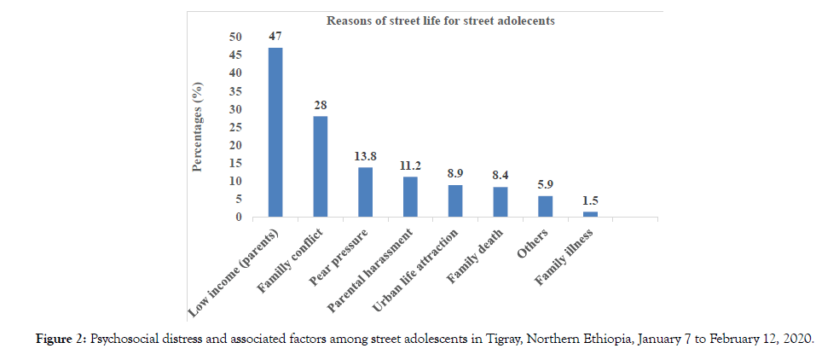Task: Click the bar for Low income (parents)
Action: pyautogui.click(x=275, y=132)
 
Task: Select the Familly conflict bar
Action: pyautogui.click(x=320, y=166)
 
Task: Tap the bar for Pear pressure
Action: pyautogui.click(x=365, y=192)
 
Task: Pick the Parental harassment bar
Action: pyautogui.click(x=410, y=197)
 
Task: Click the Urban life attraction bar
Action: pyautogui.click(x=455, y=201)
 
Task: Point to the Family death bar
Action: pyautogui.click(x=501, y=202)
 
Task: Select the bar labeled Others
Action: pyautogui.click(x=545, y=206)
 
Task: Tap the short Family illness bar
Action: pyautogui.click(x=590, y=214)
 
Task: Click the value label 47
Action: pyautogui.click(x=275, y=37)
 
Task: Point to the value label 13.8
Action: pyautogui.click(x=365, y=156)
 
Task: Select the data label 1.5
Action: pyautogui.click(x=590, y=200)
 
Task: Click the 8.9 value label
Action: pyautogui.click(x=455, y=173)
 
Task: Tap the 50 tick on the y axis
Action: pyautogui.click(x=234, y=37)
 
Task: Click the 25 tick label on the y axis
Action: pyautogui.click(x=234, y=127)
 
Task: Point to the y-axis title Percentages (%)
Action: pyautogui.click(x=197, y=126)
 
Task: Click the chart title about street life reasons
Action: pyautogui.click(x=441, y=20)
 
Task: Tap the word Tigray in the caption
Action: pyautogui.click(x=486, y=339)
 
